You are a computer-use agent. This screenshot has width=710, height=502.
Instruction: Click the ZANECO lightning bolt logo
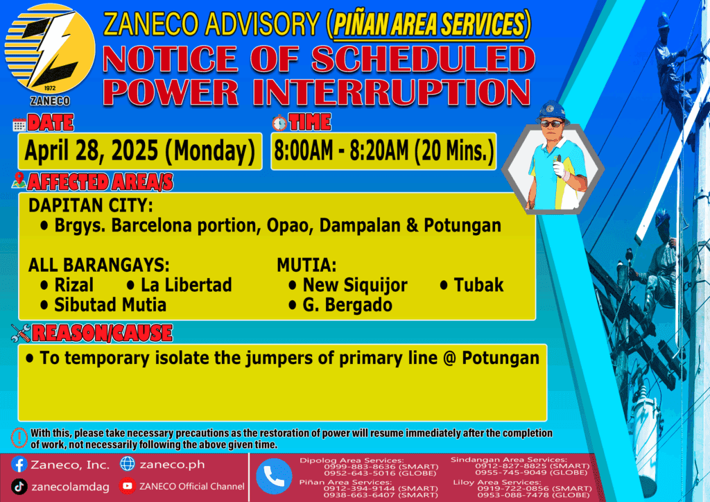point(50,49)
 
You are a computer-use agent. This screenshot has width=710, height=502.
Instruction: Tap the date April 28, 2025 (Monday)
point(140,151)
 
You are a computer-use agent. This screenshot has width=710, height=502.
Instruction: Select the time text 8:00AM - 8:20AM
point(341,150)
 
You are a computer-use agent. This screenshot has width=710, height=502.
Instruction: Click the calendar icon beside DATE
point(19,125)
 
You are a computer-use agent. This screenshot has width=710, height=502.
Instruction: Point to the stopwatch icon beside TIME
point(279,123)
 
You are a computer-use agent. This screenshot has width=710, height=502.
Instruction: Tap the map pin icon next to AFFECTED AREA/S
point(19,180)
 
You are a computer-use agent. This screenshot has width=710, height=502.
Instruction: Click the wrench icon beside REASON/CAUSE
point(21,333)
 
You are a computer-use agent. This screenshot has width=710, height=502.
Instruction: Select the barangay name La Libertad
point(186,285)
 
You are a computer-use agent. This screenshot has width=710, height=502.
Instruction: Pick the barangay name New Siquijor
point(355,285)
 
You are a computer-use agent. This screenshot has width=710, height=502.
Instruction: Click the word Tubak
point(478,285)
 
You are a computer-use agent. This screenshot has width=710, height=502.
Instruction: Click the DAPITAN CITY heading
point(91,205)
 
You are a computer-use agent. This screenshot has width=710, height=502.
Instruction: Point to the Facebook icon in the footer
point(19,465)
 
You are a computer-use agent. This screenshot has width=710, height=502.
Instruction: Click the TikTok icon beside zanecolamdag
point(19,487)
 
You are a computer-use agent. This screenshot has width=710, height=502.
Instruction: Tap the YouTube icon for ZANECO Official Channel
point(128,486)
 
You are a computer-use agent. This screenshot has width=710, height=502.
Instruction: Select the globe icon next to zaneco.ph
point(128,464)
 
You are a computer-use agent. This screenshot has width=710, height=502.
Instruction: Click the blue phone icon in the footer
point(274,476)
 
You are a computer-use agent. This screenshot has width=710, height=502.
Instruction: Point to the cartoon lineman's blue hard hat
point(552,112)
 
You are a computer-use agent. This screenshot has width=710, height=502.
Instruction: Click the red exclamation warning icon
point(19,438)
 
